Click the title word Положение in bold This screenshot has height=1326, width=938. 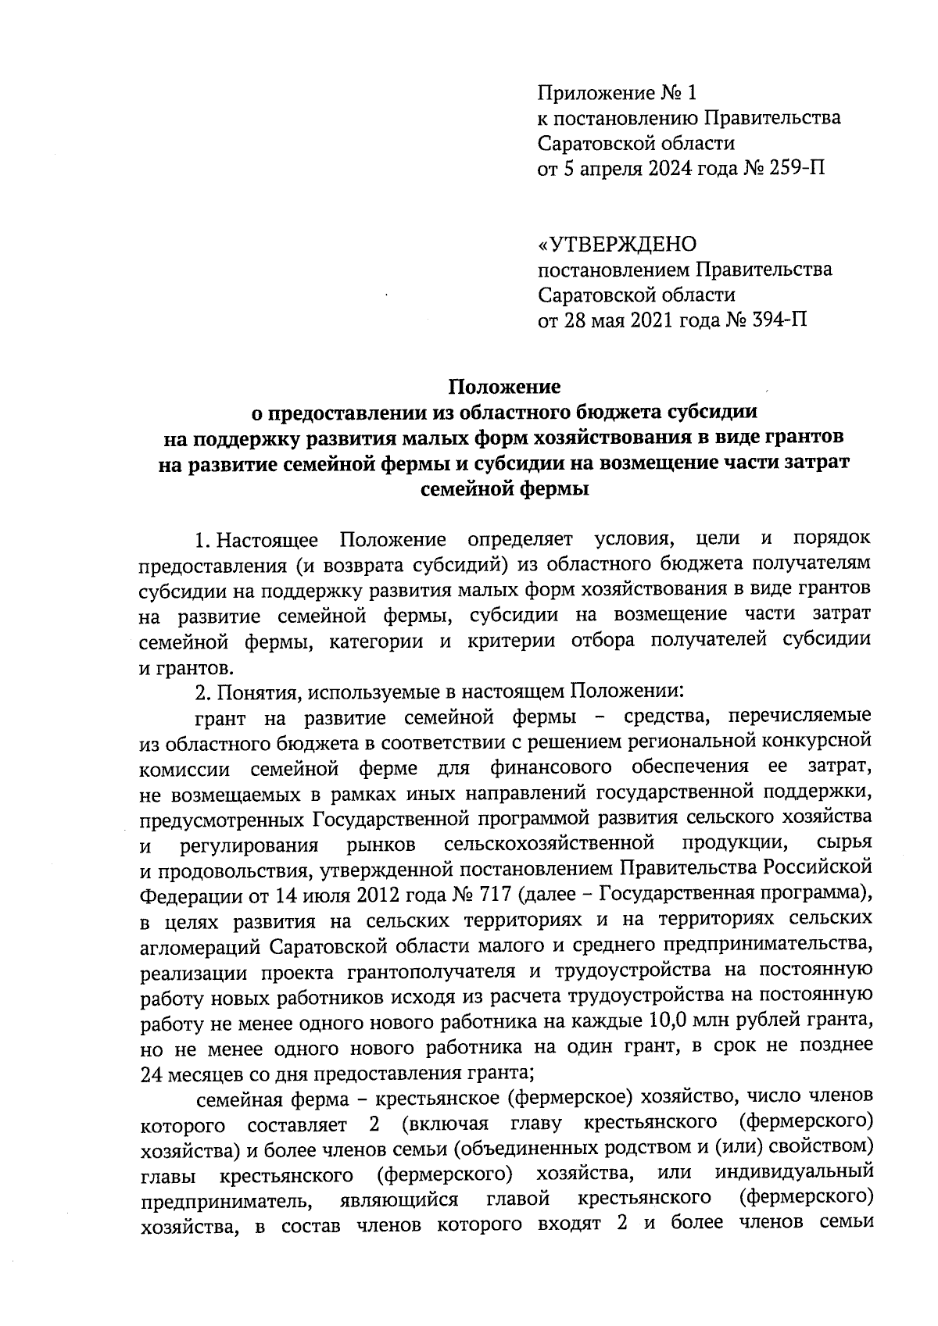(x=504, y=387)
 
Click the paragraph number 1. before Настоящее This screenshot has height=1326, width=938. (x=202, y=540)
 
